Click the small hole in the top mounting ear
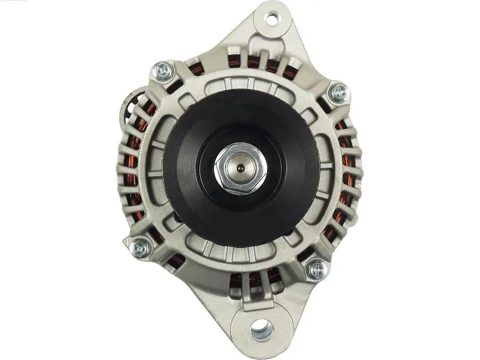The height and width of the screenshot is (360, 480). click(272, 18)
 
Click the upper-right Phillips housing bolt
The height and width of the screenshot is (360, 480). click(339, 93)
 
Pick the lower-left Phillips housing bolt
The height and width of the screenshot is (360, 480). click(141, 248)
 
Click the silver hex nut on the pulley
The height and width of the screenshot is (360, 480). click(240, 168)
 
